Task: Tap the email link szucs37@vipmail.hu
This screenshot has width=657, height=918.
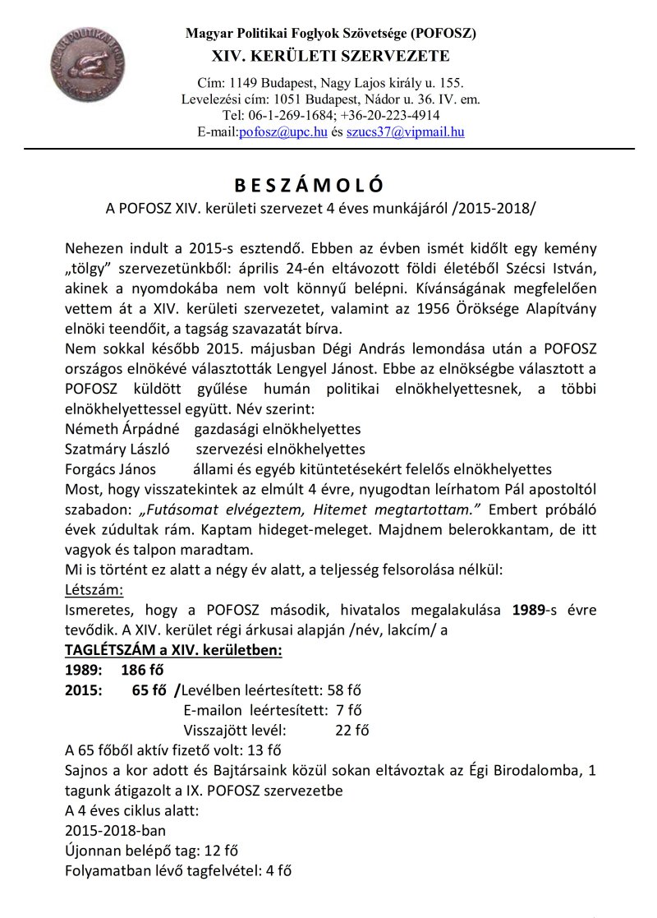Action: [405, 131]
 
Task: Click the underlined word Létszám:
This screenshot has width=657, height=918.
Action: [94, 589]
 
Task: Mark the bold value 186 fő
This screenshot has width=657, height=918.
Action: [144, 668]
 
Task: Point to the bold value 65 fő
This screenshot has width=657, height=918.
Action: [149, 689]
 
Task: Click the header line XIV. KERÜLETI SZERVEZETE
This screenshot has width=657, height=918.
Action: [330, 57]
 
